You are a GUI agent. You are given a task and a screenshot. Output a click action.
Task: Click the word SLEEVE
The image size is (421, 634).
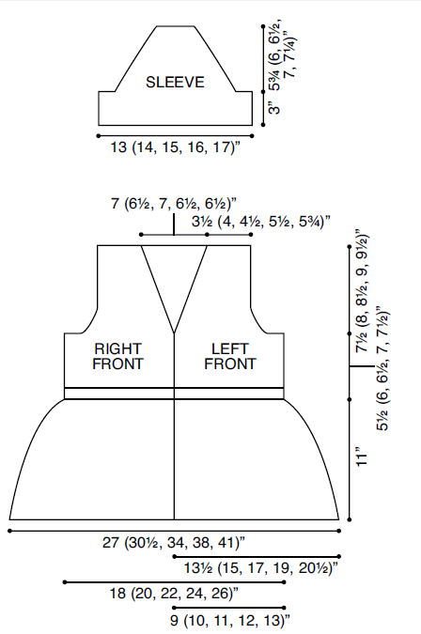coord(175,83)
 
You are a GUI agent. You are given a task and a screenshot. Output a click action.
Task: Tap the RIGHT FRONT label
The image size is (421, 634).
coord(117,356)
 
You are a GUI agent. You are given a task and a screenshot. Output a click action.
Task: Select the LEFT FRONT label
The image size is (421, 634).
coord(229,356)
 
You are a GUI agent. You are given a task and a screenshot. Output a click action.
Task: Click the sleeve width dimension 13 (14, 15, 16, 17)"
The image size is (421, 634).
coord(176,147)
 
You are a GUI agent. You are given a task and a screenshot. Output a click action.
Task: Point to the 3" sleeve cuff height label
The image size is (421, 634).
coord(274,109)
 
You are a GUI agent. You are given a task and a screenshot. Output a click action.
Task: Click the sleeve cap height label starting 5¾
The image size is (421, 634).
coord(282,55)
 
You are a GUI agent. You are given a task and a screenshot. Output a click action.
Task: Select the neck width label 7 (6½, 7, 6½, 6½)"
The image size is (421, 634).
coord(174,203)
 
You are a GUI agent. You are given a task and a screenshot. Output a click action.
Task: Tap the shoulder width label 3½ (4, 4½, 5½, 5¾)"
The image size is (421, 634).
coord(261,222)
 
